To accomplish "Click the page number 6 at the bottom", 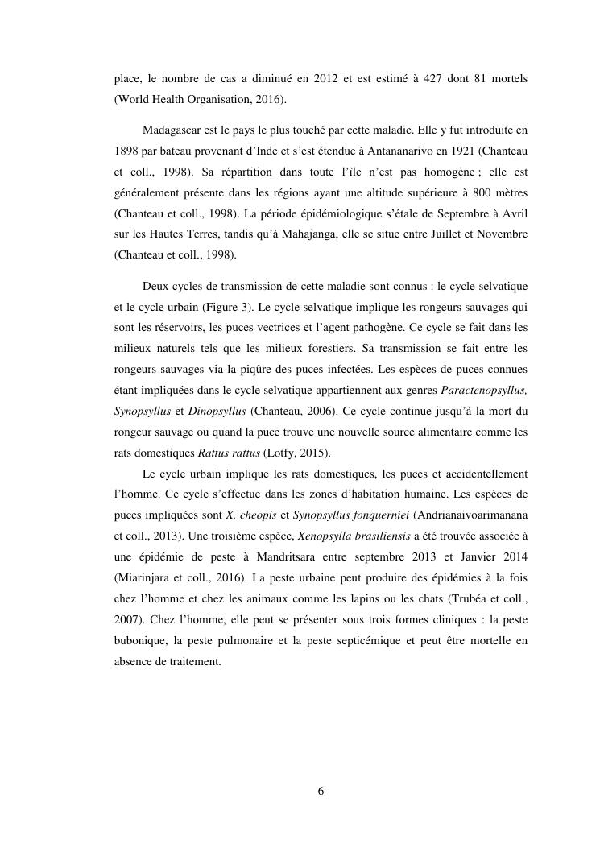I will pos(321,791).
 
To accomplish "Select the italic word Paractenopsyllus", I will pos(481,390).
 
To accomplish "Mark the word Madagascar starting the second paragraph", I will pos(172,130).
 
